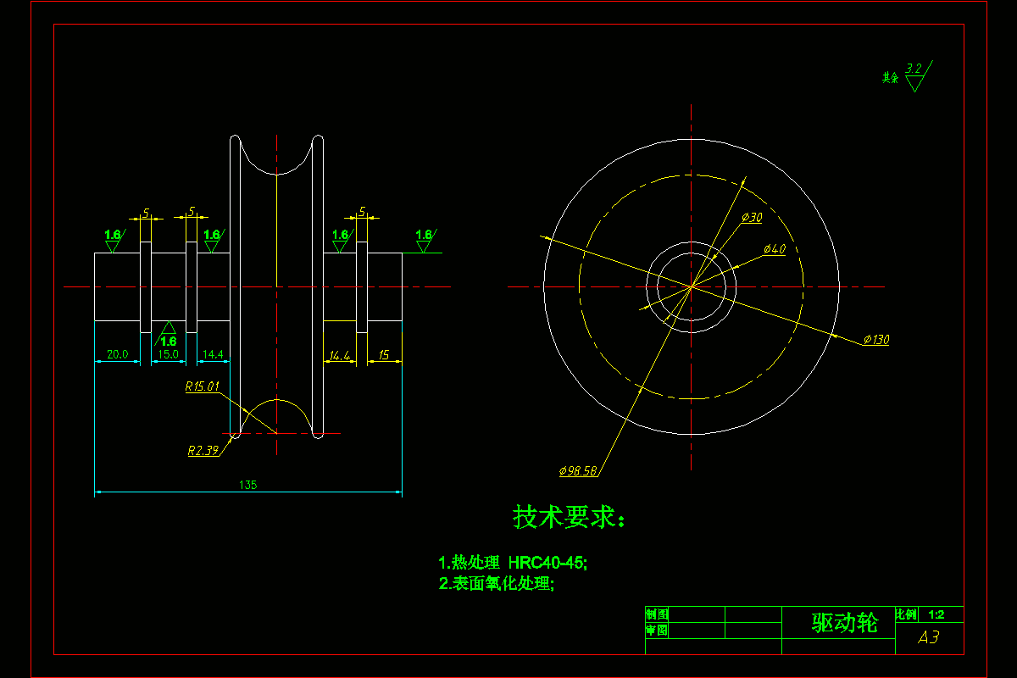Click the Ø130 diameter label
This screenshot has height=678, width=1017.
pyautogui.click(x=876, y=340)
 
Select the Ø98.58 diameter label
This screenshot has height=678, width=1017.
pyautogui.click(x=578, y=470)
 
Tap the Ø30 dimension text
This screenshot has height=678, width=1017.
pyautogui.click(x=752, y=218)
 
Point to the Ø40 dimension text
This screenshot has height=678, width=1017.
pyautogui.click(x=775, y=249)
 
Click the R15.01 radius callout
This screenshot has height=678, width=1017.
pyautogui.click(x=203, y=386)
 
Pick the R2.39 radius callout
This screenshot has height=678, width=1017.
pyautogui.click(x=203, y=451)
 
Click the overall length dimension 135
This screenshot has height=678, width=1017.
pyautogui.click(x=248, y=485)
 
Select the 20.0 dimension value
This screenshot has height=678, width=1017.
pyautogui.click(x=117, y=355)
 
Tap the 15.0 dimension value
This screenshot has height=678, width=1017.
pyautogui.click(x=168, y=355)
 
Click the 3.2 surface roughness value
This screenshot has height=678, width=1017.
pyautogui.click(x=914, y=68)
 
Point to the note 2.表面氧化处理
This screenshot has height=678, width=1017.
pyautogui.click(x=497, y=583)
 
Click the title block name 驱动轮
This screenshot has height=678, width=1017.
pyautogui.click(x=845, y=624)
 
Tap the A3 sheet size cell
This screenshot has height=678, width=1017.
pyautogui.click(x=929, y=637)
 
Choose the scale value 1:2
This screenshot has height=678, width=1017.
pyautogui.click(x=936, y=614)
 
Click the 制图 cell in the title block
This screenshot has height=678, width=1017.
pyautogui.click(x=657, y=614)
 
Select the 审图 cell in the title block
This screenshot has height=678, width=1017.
pyautogui.click(x=657, y=631)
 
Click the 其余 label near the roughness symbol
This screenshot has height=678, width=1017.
pyautogui.click(x=890, y=78)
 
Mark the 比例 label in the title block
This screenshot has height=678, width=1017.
pyautogui.click(x=906, y=614)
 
